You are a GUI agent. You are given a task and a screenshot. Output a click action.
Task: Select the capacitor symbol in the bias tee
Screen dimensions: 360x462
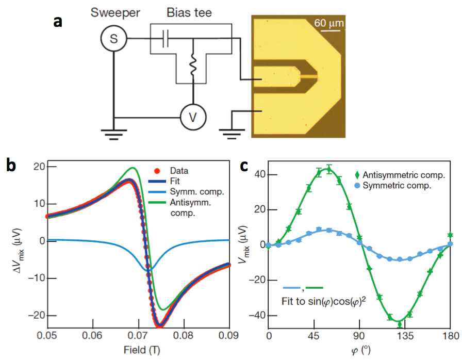164,39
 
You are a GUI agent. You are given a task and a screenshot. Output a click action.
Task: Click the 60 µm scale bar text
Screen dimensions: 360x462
328,23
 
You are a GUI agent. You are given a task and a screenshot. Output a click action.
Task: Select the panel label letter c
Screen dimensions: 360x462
247,166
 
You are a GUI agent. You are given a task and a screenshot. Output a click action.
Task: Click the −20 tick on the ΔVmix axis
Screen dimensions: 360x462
35,315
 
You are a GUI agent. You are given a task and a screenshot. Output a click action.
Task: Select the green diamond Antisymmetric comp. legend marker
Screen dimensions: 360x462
357,175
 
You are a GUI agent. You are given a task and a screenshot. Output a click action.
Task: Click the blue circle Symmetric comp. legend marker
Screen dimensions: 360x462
357,185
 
